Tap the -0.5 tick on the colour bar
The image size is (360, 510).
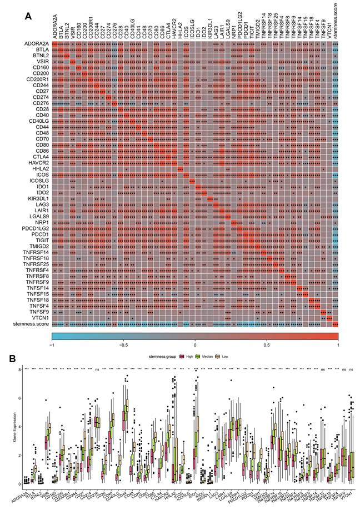[x=123, y=344]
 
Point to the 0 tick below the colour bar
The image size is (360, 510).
[x=195, y=344]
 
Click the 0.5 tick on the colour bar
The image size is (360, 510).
[x=267, y=344]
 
